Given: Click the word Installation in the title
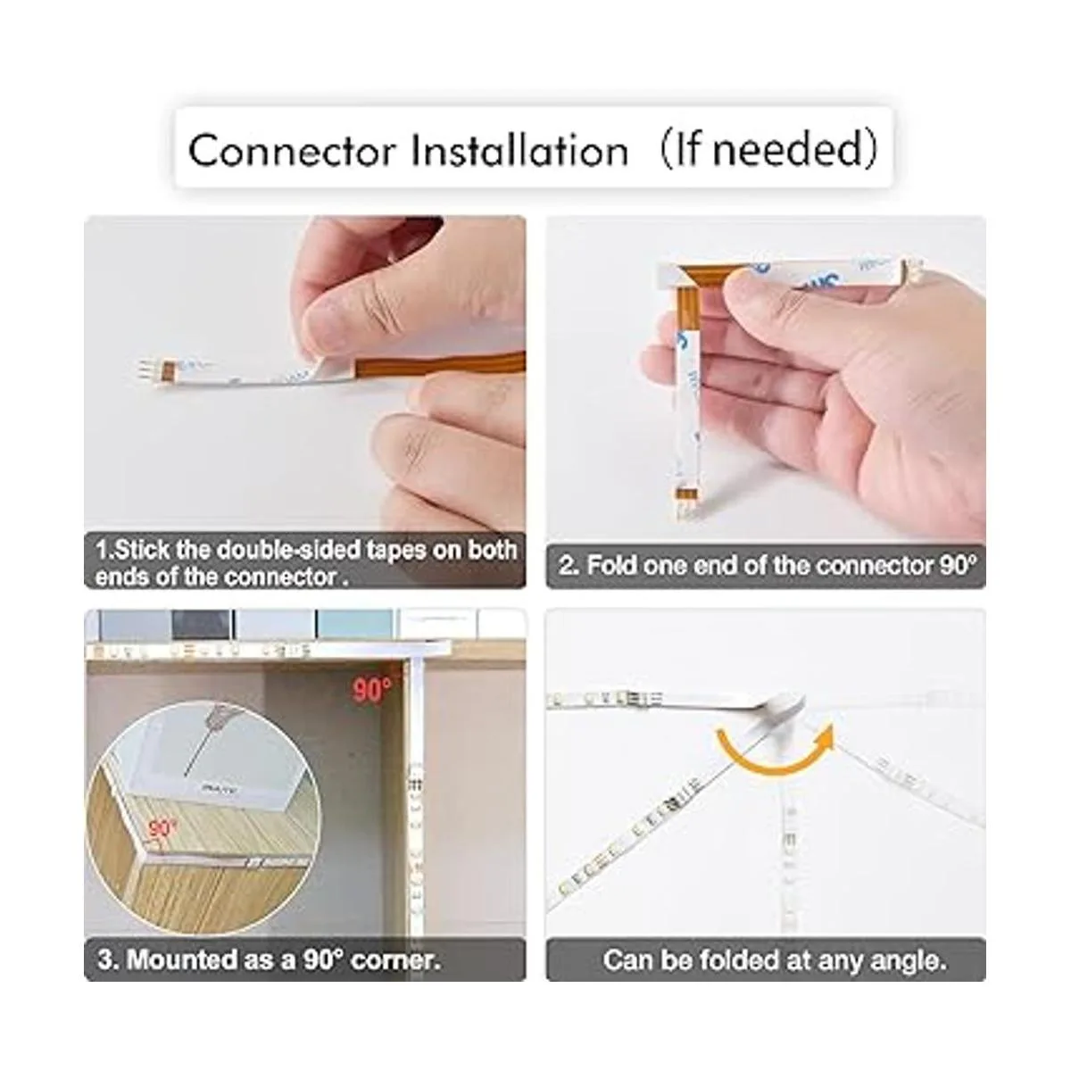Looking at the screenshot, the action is [519, 149].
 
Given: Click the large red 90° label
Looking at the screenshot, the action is [372, 690].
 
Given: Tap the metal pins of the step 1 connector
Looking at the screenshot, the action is [145, 369].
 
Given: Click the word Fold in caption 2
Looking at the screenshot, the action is [609, 566].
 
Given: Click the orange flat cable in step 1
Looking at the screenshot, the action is [439, 364].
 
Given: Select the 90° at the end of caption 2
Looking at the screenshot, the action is [958, 565].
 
